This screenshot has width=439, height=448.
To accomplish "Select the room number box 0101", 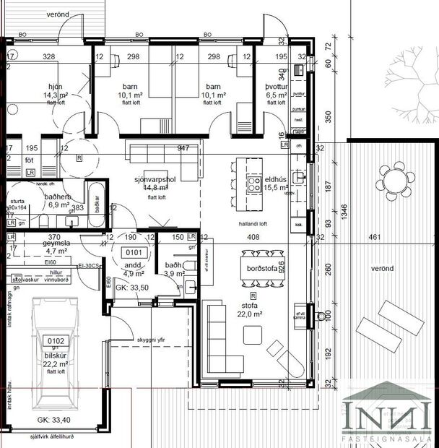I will (x=134, y=252).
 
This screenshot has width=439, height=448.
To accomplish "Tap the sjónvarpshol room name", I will (x=155, y=180).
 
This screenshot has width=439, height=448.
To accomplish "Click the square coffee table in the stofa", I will (x=253, y=335).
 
